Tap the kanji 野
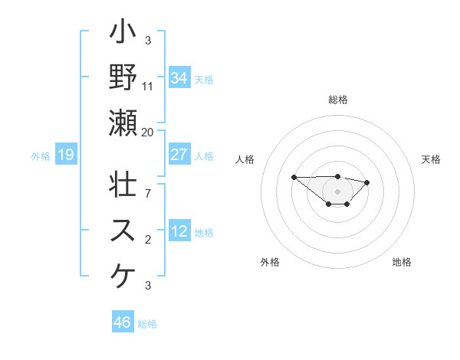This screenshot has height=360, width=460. click(123, 77)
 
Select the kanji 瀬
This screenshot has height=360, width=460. click(123, 123)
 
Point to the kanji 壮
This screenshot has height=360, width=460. click(123, 185)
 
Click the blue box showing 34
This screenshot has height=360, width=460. click(179, 78)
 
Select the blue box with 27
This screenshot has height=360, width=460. click(179, 155)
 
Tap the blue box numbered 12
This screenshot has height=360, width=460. click(179, 231)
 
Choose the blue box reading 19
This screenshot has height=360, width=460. click(66, 155)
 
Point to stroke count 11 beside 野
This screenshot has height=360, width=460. click(148, 86)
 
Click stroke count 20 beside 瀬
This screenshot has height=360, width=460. click(148, 132)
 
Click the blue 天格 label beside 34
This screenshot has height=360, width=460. click(205, 79)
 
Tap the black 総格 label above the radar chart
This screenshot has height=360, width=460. click(338, 100)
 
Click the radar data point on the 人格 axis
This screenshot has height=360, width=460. click(294, 177)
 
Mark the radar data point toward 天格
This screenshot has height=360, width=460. click(367, 182)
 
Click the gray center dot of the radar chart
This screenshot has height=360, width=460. click(338, 191)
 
